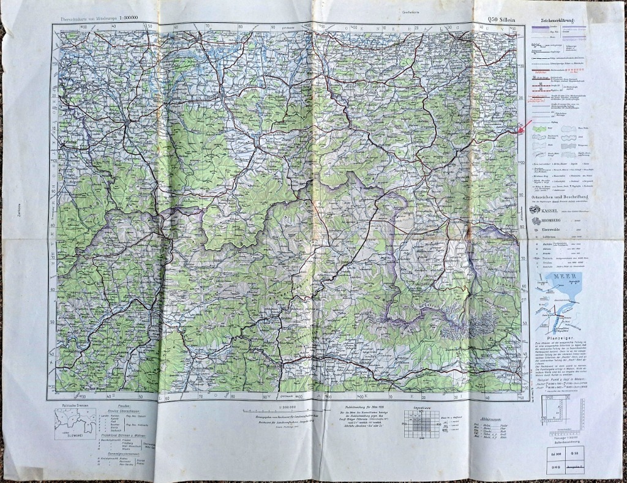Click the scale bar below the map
pos(282,411)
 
